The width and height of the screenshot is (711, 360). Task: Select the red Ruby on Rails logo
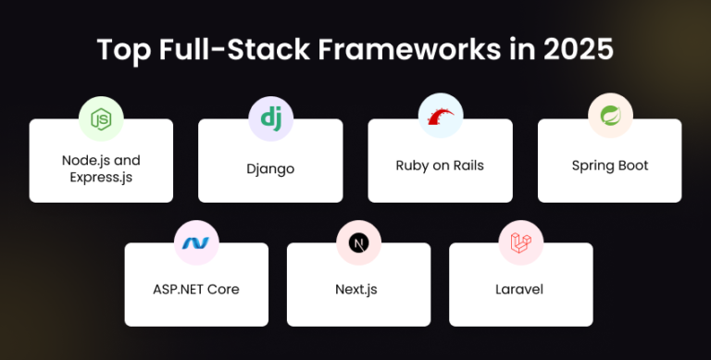440,118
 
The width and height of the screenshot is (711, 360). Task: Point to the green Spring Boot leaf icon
610,118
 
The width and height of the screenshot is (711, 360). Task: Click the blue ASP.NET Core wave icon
196,242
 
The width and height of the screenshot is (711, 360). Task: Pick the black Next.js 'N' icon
357,242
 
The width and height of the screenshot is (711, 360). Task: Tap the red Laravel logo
519,242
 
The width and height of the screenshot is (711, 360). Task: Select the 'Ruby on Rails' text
440,166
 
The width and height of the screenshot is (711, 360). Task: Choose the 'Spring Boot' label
610,166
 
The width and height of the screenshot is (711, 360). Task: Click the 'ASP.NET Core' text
196,290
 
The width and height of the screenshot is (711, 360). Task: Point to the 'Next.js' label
356,290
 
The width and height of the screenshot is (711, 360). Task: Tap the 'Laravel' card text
519,290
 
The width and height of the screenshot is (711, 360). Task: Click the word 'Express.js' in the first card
101,176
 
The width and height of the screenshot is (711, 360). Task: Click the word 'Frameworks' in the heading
399,50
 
